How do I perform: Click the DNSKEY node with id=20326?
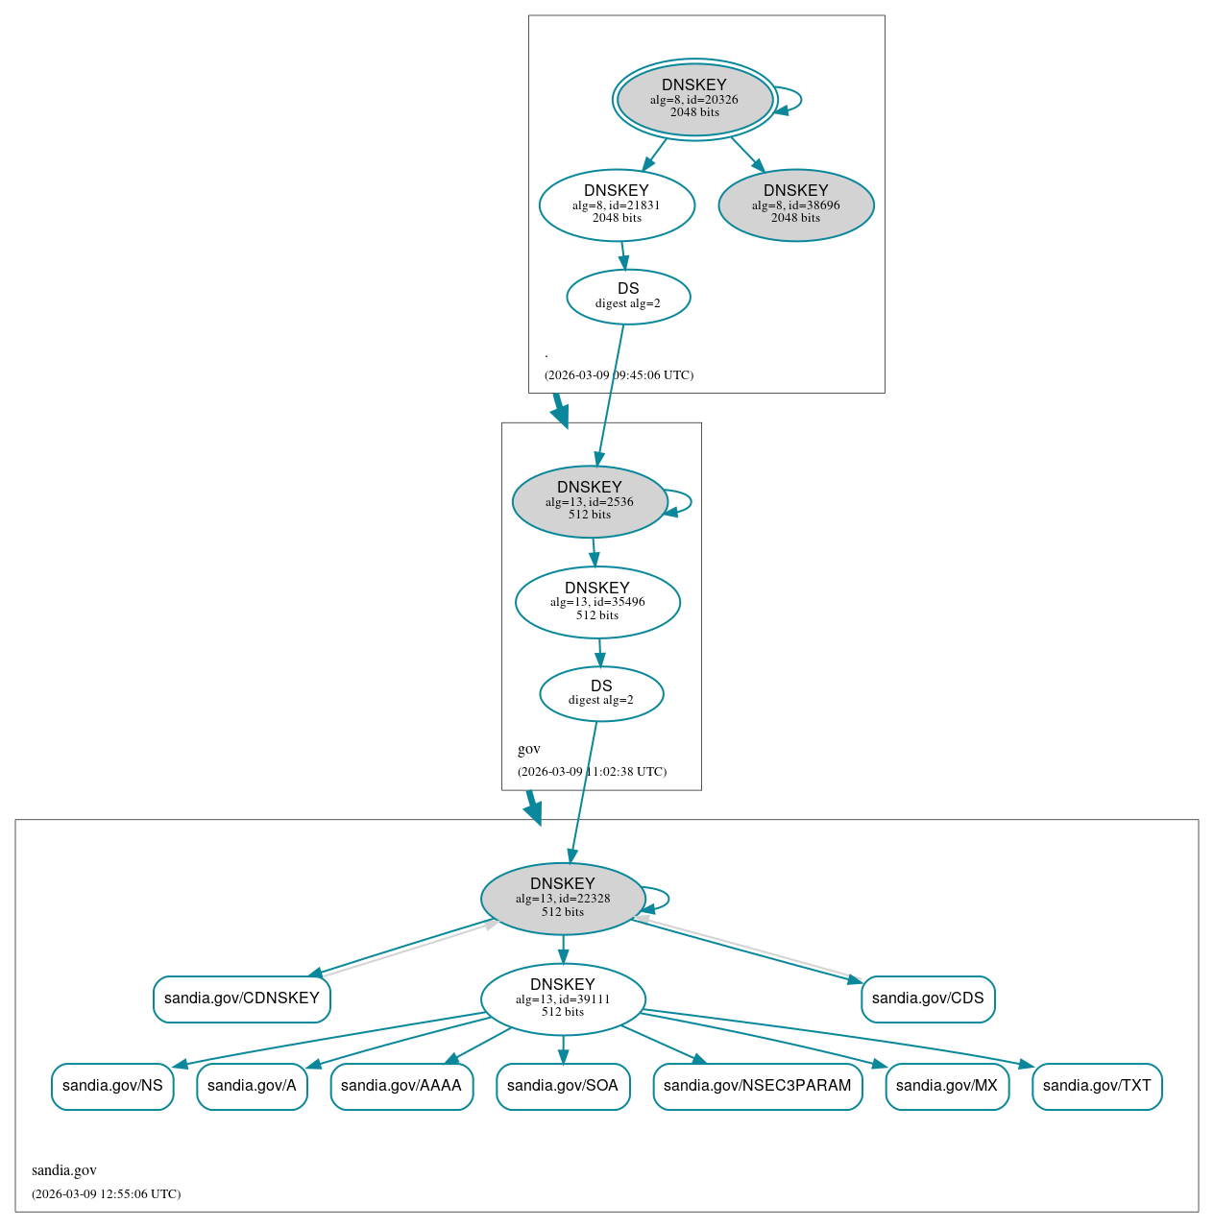click(694, 99)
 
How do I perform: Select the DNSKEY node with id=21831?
click(617, 204)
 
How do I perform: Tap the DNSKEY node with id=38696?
click(796, 204)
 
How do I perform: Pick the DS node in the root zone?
click(628, 297)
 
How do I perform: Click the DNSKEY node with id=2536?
click(590, 501)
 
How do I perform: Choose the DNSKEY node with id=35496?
click(597, 602)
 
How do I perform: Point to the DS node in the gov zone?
click(601, 693)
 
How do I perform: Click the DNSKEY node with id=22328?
click(563, 899)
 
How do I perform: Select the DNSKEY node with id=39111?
click(563, 998)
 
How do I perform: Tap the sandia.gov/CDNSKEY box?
click(242, 998)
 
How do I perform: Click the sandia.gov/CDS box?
click(928, 998)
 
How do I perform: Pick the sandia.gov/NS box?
click(112, 1086)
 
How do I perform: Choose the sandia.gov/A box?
click(252, 1086)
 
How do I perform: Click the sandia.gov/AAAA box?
click(401, 1086)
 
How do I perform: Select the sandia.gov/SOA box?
click(563, 1086)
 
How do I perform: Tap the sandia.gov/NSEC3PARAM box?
click(758, 1086)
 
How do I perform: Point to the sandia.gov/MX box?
click(947, 1086)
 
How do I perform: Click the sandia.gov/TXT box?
click(1097, 1086)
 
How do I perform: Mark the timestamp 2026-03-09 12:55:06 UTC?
click(106, 1194)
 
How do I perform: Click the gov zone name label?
click(529, 749)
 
